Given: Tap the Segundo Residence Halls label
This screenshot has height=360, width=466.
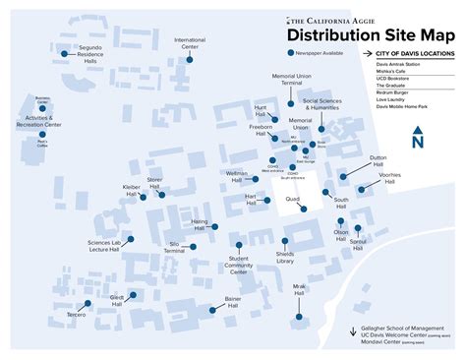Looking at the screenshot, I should pyautogui.click(x=90, y=55).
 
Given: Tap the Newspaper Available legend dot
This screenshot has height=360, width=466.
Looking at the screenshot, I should pyautogui.click(x=290, y=53).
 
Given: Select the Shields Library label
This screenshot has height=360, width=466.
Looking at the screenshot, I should pyautogui.click(x=285, y=258).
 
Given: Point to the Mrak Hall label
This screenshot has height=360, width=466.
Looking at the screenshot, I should pyautogui.click(x=299, y=290).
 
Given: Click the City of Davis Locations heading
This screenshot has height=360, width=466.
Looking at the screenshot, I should pyautogui.click(x=412, y=52).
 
